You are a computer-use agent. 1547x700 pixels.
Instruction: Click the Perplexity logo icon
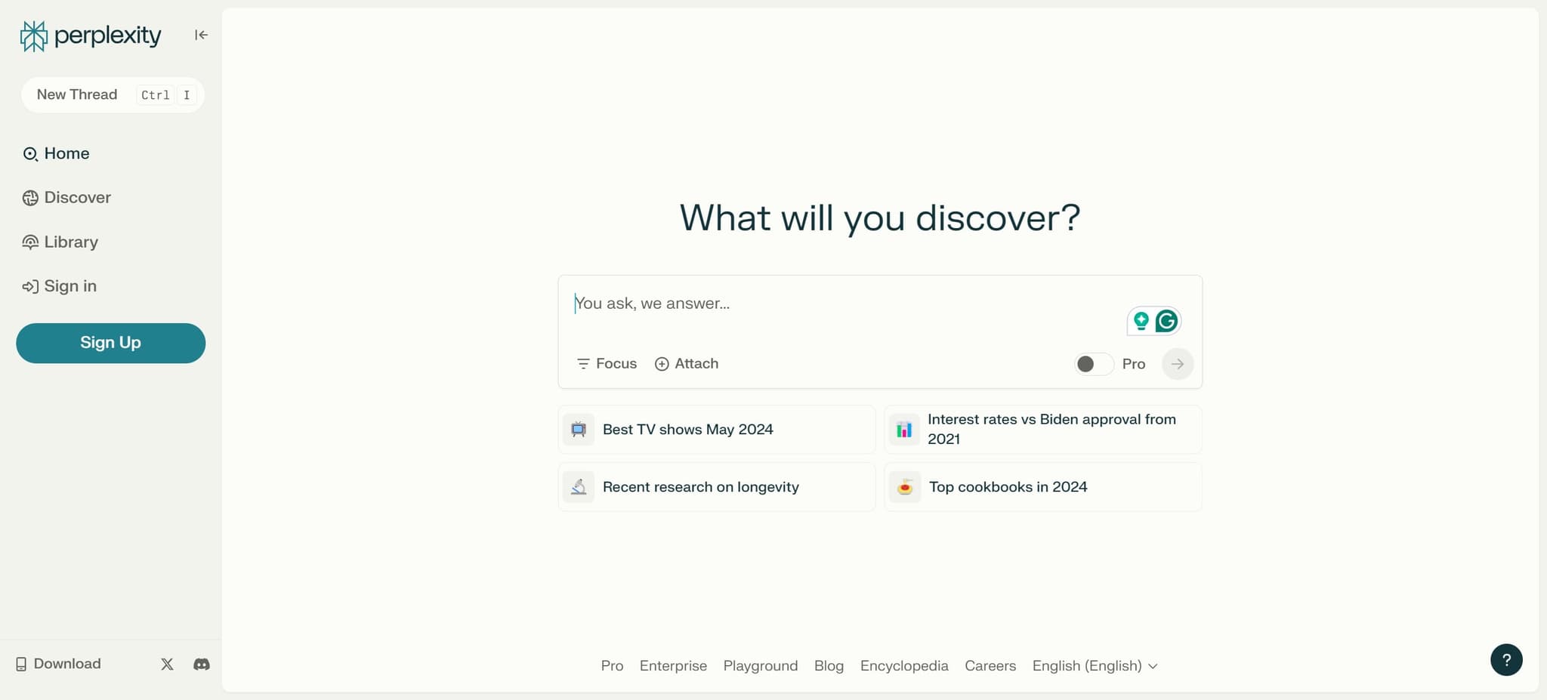pyautogui.click(x=33, y=35)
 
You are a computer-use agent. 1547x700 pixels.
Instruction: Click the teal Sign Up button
pyautogui.click(x=110, y=343)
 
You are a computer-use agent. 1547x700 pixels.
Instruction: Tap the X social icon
pyautogui.click(x=167, y=665)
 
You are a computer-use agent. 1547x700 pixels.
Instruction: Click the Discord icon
pyautogui.click(x=202, y=665)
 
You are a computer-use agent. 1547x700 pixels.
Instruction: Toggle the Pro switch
pyautogui.click(x=1093, y=364)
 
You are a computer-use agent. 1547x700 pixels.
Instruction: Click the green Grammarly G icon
pyautogui.click(x=1166, y=321)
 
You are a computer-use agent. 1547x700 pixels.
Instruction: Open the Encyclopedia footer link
pyautogui.click(x=904, y=666)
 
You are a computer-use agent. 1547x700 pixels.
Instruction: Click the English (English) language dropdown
pyautogui.click(x=1095, y=666)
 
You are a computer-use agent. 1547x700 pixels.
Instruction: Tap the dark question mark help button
pyautogui.click(x=1506, y=660)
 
